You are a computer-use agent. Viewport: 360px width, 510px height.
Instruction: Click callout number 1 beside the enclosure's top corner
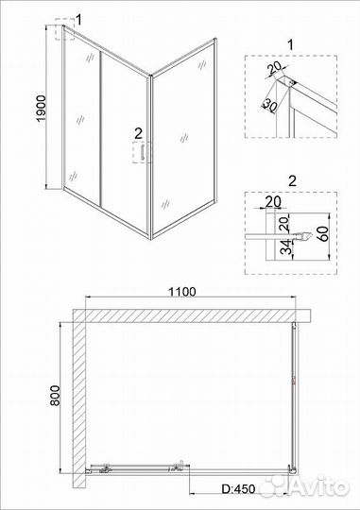pos(78,19)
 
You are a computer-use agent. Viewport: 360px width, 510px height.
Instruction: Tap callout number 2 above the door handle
pos(138,133)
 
